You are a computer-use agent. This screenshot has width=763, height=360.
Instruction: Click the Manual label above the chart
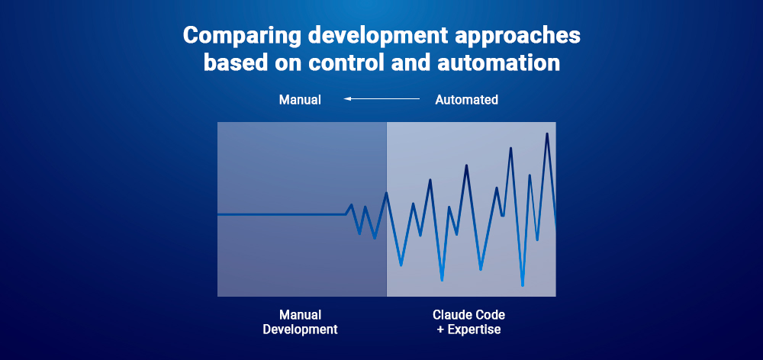(300, 100)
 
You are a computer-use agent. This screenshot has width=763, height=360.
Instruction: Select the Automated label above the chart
(466, 100)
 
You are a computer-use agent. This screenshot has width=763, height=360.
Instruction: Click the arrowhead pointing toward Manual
(347, 99)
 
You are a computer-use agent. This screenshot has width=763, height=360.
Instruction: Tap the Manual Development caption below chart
(300, 322)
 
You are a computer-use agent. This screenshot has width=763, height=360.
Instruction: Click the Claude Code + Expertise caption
(468, 322)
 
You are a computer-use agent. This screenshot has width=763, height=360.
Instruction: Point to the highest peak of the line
(546, 134)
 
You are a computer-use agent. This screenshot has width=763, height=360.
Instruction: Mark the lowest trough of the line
(523, 285)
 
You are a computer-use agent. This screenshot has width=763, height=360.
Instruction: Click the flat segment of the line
(282, 215)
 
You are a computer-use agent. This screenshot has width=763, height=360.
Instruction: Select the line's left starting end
(219, 215)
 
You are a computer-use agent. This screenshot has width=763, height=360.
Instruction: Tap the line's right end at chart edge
(555, 227)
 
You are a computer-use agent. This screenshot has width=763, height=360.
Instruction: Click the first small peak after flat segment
(351, 204)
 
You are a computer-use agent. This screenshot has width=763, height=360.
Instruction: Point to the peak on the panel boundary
(386, 193)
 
